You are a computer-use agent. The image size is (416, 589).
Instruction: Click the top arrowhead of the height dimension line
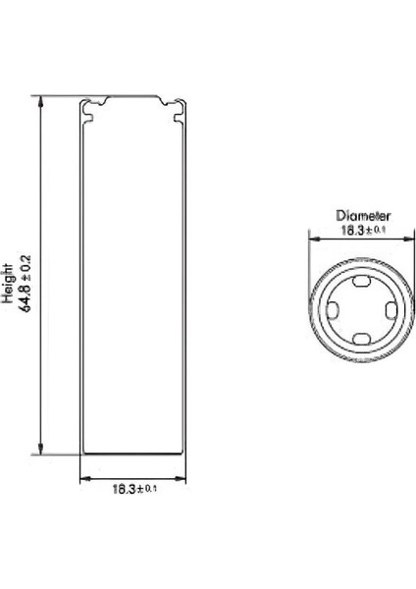[x=41, y=99]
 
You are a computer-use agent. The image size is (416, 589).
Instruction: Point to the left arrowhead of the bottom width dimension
[x=82, y=480]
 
